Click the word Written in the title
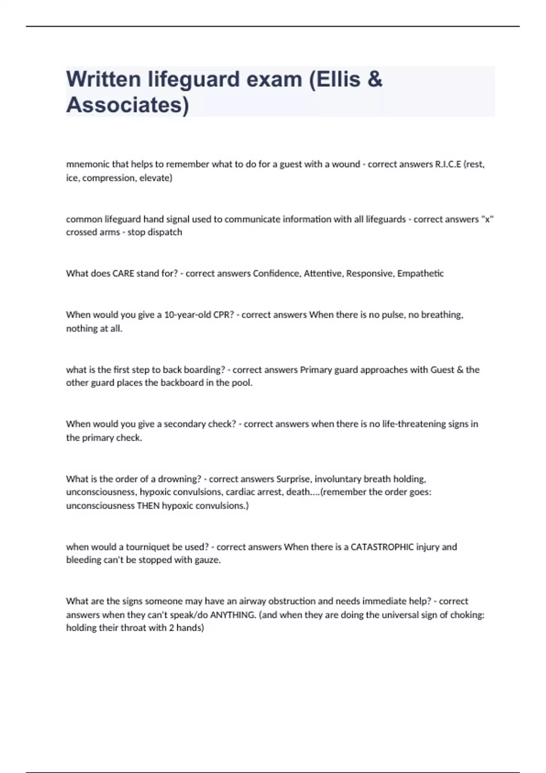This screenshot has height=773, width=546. pos(103,79)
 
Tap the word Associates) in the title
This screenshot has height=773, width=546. pos(127,105)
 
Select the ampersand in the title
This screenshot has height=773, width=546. pos(374,79)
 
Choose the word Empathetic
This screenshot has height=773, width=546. pos(420,273)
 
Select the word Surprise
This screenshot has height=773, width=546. pos(293,479)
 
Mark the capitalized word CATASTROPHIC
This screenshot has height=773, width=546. pos(382,547)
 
